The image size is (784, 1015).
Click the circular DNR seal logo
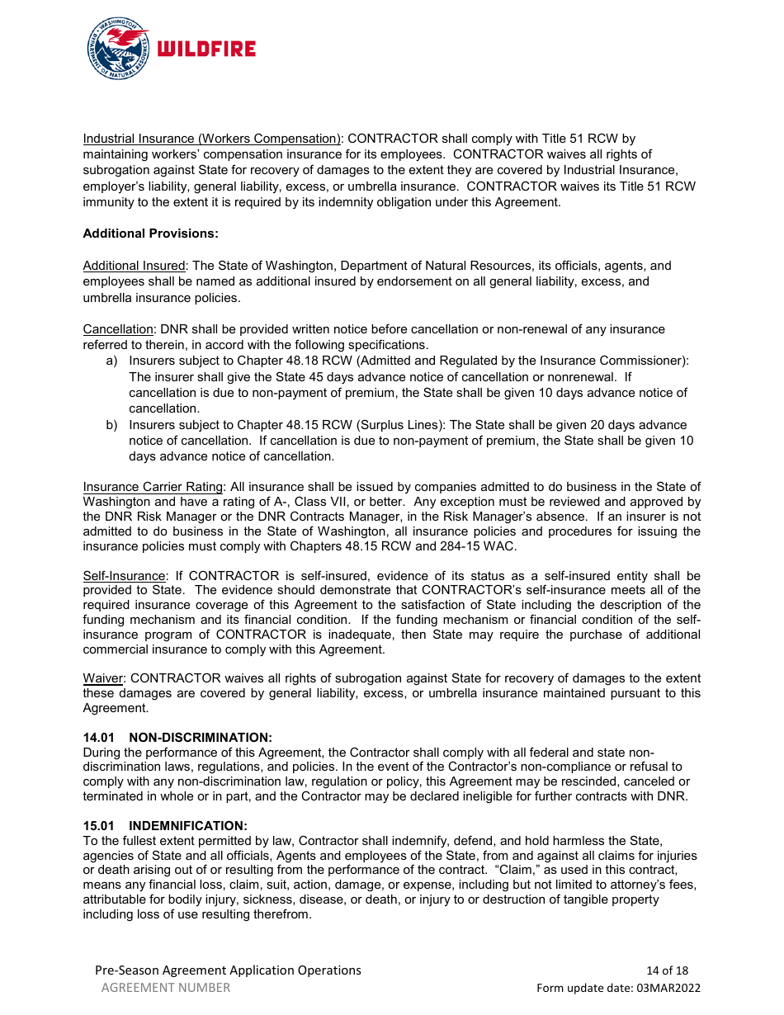click(x=118, y=49)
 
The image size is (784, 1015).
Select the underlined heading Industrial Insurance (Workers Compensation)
click(x=212, y=139)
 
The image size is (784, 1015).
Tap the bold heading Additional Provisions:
click(x=150, y=234)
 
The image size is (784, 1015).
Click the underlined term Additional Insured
click(x=134, y=266)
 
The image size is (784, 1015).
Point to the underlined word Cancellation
click(x=118, y=329)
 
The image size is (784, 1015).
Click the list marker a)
click(x=111, y=361)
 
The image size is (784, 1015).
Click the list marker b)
click(x=111, y=425)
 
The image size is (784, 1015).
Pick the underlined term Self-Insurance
click(x=125, y=575)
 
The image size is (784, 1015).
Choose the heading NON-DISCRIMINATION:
click(x=201, y=737)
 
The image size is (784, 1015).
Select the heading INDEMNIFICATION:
click(x=188, y=825)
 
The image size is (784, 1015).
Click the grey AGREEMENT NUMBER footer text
click(x=166, y=988)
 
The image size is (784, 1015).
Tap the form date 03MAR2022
click(x=669, y=988)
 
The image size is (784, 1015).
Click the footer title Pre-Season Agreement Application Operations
click(x=228, y=970)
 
